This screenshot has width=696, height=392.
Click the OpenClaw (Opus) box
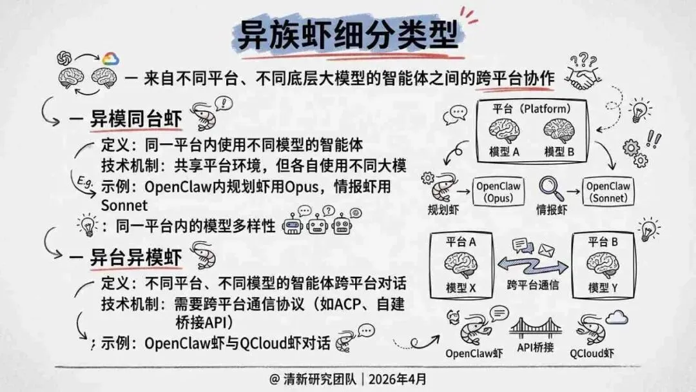point(498,192)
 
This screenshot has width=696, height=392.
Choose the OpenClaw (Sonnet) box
point(607,192)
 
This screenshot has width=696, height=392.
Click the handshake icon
point(587,77)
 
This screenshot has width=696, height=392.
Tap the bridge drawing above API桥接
point(536,327)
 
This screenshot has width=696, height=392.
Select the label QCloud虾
point(592,353)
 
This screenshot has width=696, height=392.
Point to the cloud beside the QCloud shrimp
point(616,317)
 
